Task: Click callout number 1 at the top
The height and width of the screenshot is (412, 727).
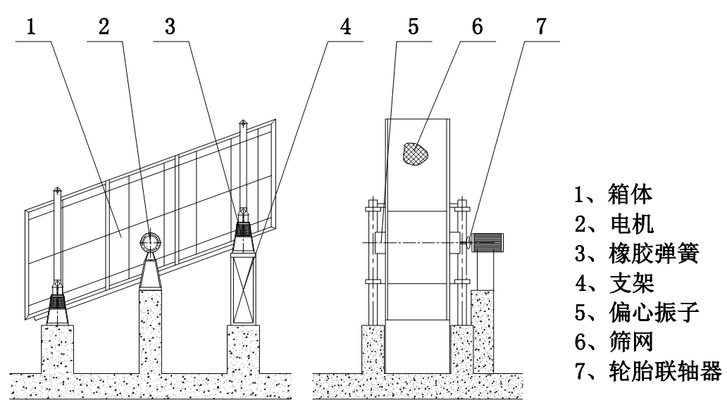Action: [x=30, y=27]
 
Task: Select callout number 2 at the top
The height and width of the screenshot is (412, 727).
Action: [x=104, y=27]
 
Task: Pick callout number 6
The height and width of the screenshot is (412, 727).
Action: [x=477, y=27]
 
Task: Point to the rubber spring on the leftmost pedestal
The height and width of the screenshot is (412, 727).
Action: [x=56, y=305]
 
